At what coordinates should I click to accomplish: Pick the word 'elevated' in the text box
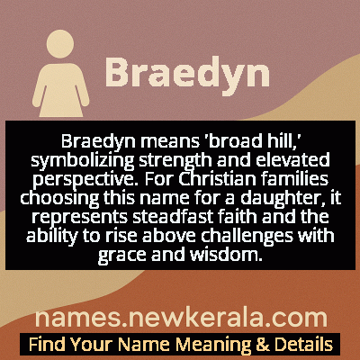(270, 161)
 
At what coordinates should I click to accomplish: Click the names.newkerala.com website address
(181, 318)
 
